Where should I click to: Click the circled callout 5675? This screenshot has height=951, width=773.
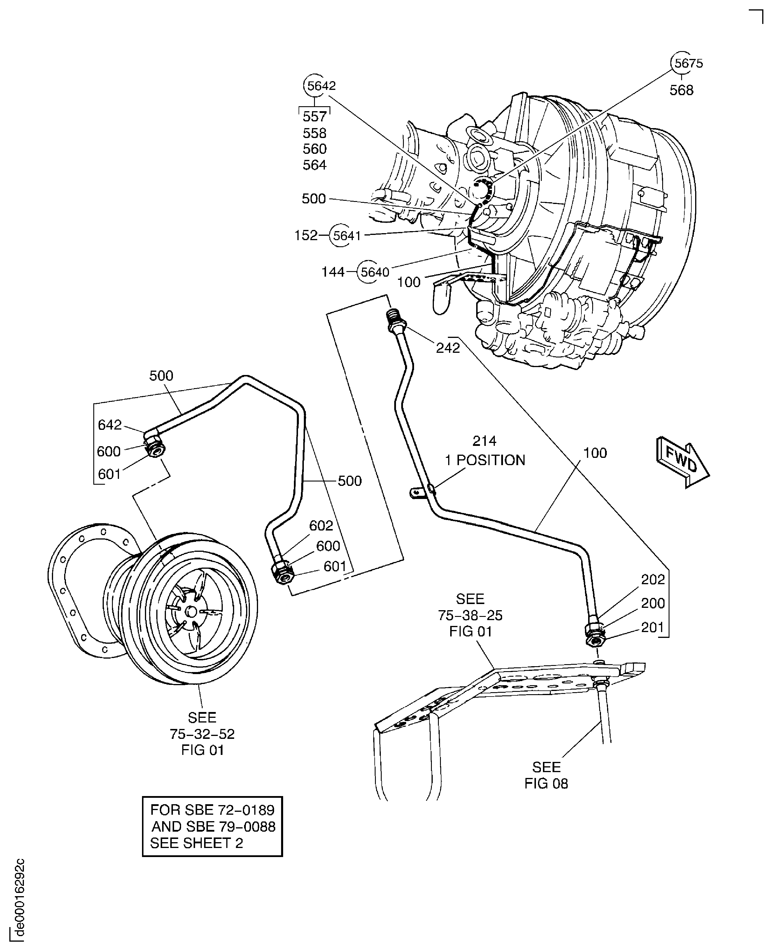[688, 63]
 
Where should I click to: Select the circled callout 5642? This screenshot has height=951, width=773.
[320, 85]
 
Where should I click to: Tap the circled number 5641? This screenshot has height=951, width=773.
[346, 235]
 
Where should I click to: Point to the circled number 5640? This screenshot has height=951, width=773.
[374, 272]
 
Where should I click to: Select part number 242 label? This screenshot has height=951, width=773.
[448, 348]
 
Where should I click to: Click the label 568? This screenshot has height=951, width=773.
[681, 90]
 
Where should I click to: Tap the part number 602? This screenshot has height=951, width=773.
[321, 526]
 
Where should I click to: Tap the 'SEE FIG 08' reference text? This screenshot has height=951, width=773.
[546, 775]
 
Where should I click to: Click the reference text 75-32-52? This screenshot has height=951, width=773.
[202, 734]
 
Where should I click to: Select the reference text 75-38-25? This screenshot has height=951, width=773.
[470, 615]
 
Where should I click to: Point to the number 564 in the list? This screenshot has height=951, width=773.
[314, 165]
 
